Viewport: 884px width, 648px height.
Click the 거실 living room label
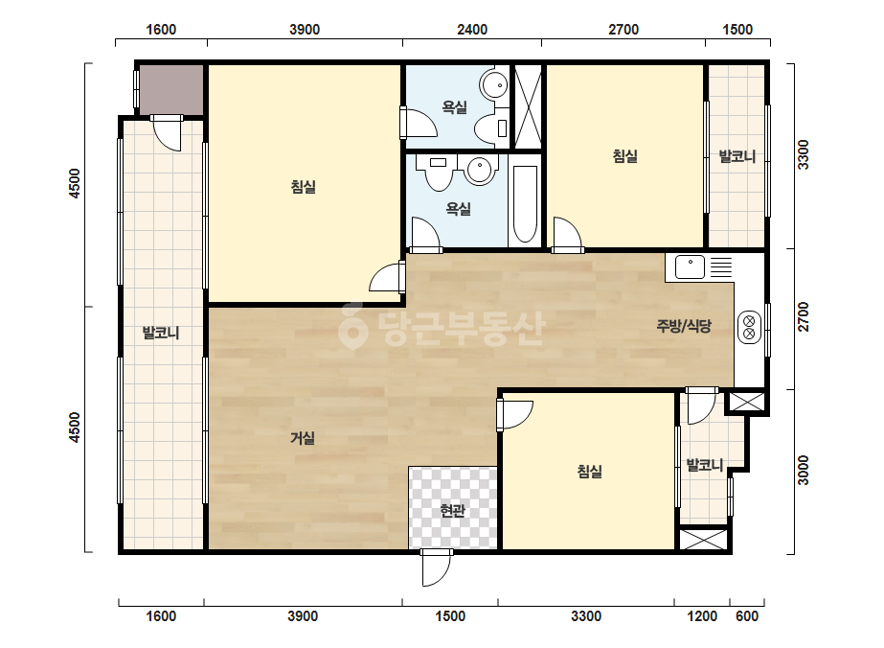click(303, 438)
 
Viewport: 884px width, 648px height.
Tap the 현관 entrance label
click(453, 511)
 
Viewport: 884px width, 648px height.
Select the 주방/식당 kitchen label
click(684, 326)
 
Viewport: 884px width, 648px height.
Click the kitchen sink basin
click(691, 267)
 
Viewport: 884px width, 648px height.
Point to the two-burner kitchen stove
click(750, 328)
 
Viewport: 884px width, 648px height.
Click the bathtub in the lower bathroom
click(525, 204)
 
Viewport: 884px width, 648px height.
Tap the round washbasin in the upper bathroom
click(494, 85)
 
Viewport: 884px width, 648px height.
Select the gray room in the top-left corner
click(171, 90)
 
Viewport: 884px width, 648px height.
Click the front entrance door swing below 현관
click(437, 567)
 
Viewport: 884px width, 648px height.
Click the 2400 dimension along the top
click(472, 30)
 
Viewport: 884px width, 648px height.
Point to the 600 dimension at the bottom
click(747, 616)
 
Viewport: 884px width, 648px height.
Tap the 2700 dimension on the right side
click(804, 317)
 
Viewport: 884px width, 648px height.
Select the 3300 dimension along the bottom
click(586, 616)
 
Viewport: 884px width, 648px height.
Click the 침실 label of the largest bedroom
click(304, 187)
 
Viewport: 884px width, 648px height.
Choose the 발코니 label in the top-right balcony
click(737, 156)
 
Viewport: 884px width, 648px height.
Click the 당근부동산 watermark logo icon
click(352, 326)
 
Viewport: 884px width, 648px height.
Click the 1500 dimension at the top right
click(737, 30)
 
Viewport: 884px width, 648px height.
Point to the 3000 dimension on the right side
click(804, 471)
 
